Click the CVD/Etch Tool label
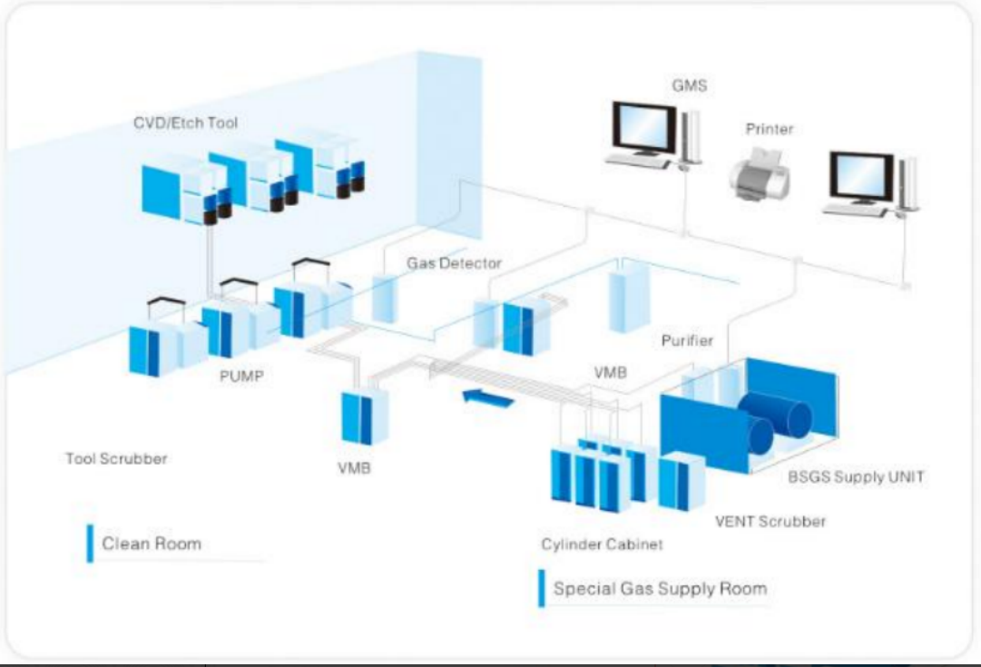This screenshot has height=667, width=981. (185, 123)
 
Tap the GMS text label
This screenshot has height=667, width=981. (689, 86)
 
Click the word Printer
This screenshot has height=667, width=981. (769, 129)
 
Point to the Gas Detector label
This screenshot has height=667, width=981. (454, 263)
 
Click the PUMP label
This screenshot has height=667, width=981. (240, 375)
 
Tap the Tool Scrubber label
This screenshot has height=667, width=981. (116, 458)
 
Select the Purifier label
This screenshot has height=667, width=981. (686, 340)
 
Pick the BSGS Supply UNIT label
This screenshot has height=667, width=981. (855, 476)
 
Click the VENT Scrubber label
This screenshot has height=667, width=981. (770, 521)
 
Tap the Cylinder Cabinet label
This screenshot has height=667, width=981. (602, 544)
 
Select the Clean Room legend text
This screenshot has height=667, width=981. (152, 544)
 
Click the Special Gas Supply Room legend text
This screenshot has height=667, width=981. (660, 588)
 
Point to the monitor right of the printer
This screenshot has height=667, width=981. (861, 178)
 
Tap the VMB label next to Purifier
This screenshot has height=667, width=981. (611, 372)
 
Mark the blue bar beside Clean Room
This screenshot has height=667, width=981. (90, 544)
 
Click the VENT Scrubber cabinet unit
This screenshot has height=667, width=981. (681, 483)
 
